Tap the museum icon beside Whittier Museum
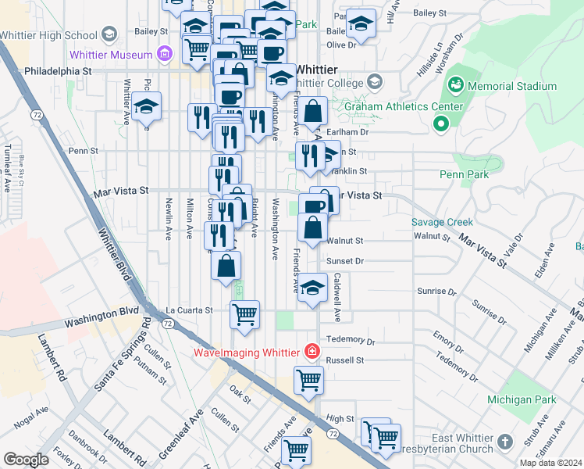coord(164,54)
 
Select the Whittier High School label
coord(47,35)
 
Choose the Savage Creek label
coord(442,222)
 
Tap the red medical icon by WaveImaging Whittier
coord(312,353)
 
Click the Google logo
coord(26,460)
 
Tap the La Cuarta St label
coord(188,310)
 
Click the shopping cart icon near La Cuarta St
coord(244,314)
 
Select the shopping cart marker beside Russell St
coord(308,380)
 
